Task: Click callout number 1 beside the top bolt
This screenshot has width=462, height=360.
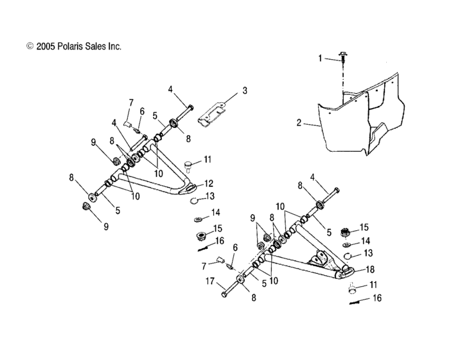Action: [x=320, y=58]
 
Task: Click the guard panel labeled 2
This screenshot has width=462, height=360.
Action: [x=360, y=122]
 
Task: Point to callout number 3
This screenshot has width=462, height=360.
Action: [x=244, y=91]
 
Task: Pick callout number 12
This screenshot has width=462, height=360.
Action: [x=209, y=183]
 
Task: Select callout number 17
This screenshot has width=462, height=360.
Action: [x=209, y=280]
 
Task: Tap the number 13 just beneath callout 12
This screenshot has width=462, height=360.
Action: [x=210, y=196]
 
